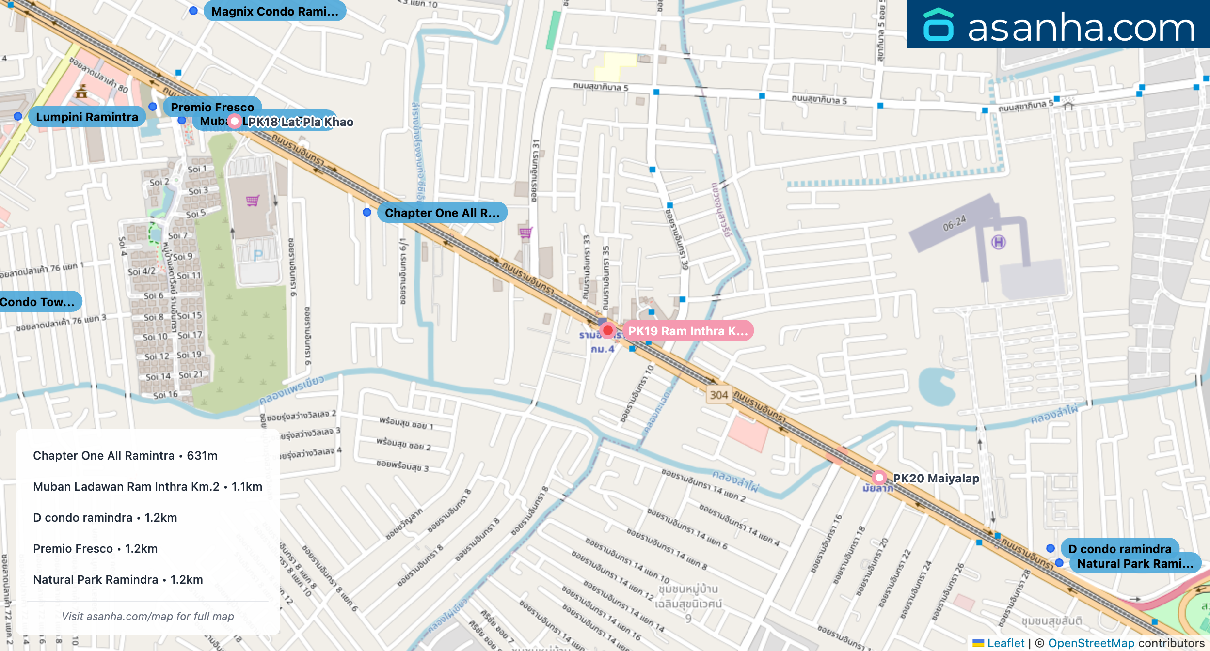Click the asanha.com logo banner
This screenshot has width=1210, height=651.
coord(1058,24)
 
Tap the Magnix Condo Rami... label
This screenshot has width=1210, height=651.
coord(275,11)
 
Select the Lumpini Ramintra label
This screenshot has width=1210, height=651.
coord(87,117)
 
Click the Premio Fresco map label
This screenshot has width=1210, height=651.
coord(212,107)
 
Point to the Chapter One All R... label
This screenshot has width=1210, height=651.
coord(442,213)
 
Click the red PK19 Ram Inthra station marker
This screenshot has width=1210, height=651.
coord(607,331)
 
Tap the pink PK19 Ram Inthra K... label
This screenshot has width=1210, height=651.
coord(687,331)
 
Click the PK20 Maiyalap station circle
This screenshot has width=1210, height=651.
coord(879,478)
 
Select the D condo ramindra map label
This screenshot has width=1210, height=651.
coord(1120,548)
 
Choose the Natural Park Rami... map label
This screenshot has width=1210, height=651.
coord(1135,563)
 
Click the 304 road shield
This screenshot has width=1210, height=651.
coord(719,395)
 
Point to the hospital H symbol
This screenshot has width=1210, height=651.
coord(999,242)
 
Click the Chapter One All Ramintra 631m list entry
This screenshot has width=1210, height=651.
coord(125,456)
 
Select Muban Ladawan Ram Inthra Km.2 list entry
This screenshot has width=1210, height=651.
coord(147,487)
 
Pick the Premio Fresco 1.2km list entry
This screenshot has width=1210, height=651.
coord(95,549)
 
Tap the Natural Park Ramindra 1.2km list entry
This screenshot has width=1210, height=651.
coord(118,580)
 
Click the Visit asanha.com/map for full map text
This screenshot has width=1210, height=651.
coord(147,616)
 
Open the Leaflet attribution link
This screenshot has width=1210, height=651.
coord(1005,643)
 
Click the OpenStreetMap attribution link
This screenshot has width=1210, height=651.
coord(1091,643)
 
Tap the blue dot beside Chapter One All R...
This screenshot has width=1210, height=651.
coord(367,212)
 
